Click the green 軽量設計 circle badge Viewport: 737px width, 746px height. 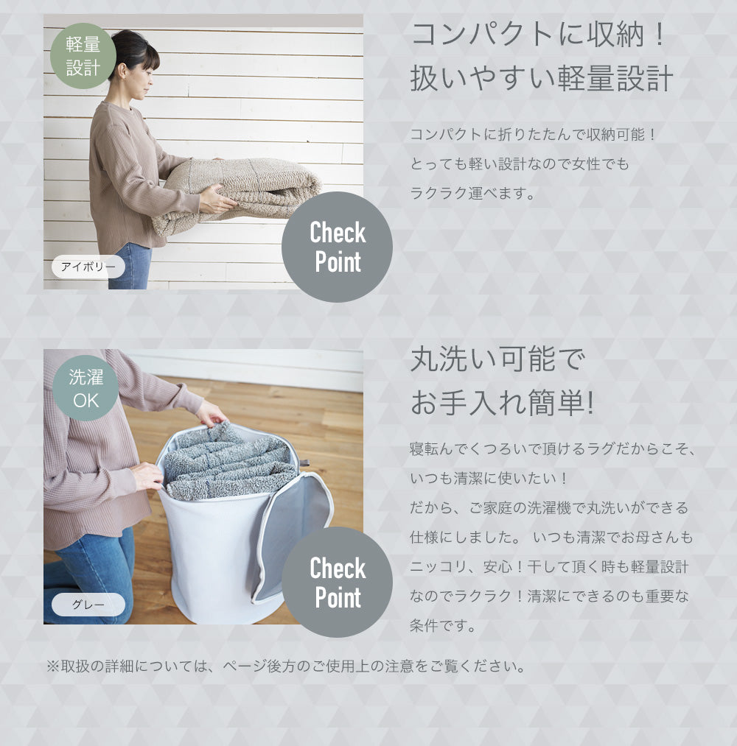pos(83,56)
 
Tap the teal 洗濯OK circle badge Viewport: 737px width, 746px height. pos(85,388)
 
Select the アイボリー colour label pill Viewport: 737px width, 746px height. pos(88,267)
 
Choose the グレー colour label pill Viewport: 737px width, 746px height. pos(88,604)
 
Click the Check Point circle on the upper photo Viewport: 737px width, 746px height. pos(337,247)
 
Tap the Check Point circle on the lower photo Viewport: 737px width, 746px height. pos(337,582)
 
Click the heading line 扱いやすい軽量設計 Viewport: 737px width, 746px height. pos(542,78)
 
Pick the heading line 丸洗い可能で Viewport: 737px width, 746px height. pos(497,359)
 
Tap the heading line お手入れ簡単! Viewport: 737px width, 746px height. pos(503,403)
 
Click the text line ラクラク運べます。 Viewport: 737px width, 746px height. pos(472,193)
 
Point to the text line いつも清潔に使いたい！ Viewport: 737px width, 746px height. pos(489,478)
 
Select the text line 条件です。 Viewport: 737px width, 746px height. pos(443,626)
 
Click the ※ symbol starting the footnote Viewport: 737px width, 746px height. pos(52,666)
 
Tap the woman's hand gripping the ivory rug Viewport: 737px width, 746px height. pos(217,200)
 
